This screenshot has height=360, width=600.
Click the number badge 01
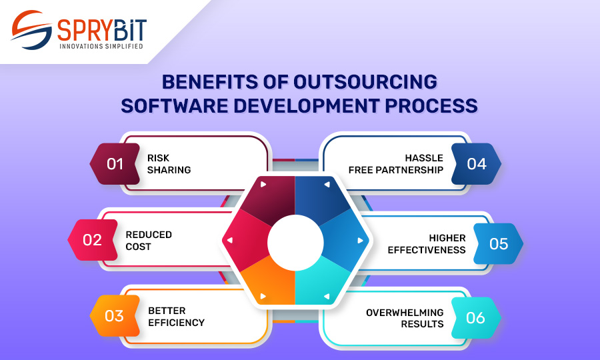point(115,164)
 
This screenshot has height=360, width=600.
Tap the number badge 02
point(93,240)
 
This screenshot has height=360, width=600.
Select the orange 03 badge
point(115,316)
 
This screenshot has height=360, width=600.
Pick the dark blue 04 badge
point(477,164)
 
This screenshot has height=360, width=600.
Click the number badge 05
point(498,244)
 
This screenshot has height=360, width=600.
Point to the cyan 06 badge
point(476,318)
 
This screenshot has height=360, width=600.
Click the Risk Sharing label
point(169,164)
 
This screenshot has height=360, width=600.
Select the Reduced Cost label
point(149,241)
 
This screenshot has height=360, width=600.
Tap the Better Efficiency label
point(176,317)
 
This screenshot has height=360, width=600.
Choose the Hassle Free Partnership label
point(395,164)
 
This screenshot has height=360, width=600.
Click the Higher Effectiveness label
point(427,244)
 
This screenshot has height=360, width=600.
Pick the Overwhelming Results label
point(405,318)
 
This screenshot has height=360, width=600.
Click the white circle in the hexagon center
point(295,243)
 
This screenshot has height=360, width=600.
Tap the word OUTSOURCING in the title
point(365,82)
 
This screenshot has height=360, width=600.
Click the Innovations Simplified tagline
point(101,46)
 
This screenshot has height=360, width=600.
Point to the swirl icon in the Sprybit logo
point(31,30)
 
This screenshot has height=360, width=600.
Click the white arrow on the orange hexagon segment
point(263,296)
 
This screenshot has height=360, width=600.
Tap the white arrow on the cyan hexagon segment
point(327,296)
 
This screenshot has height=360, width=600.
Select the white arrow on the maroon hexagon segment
point(263,185)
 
